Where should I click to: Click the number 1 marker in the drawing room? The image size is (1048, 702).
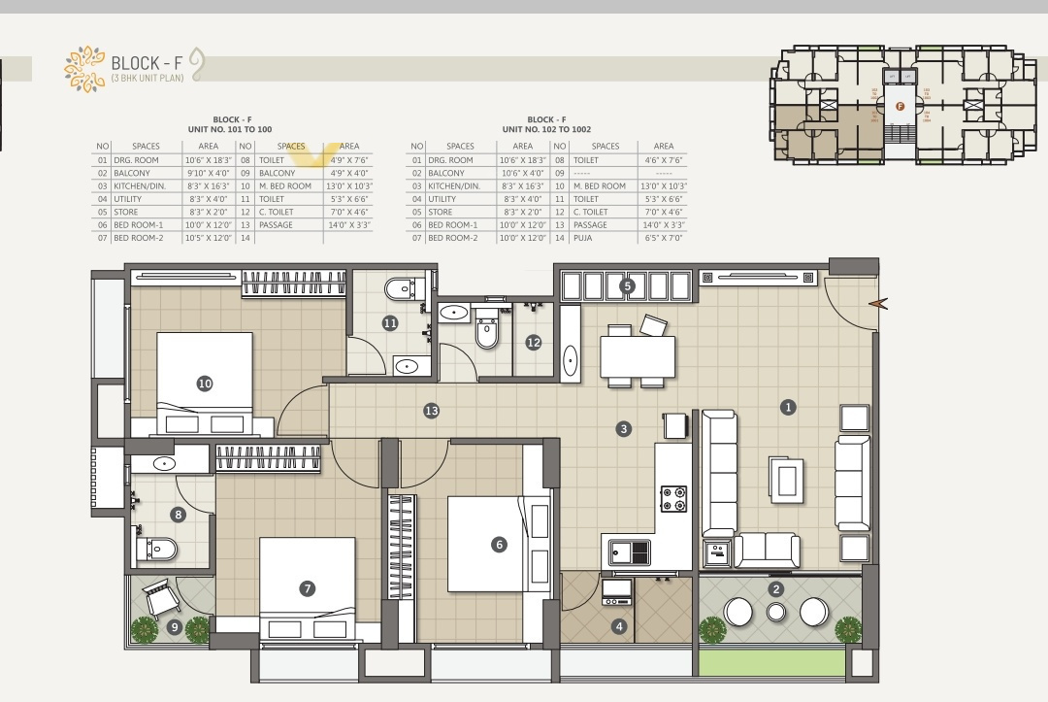point(788,408)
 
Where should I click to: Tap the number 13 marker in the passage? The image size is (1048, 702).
point(431,412)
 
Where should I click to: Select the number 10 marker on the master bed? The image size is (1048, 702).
point(205,384)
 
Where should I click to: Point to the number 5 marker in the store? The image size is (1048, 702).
point(627,285)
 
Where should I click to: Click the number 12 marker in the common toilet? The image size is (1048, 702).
point(533,342)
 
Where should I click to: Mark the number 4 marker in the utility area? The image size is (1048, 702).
point(619,626)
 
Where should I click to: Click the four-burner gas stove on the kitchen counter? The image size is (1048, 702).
point(673,499)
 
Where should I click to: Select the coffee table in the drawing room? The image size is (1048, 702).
point(785,475)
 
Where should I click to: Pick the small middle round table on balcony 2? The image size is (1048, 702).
point(776,612)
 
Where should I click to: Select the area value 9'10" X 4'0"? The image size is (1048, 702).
point(208,173)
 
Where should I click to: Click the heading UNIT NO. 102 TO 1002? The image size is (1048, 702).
point(546,129)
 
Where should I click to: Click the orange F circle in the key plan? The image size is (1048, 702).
point(900,106)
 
